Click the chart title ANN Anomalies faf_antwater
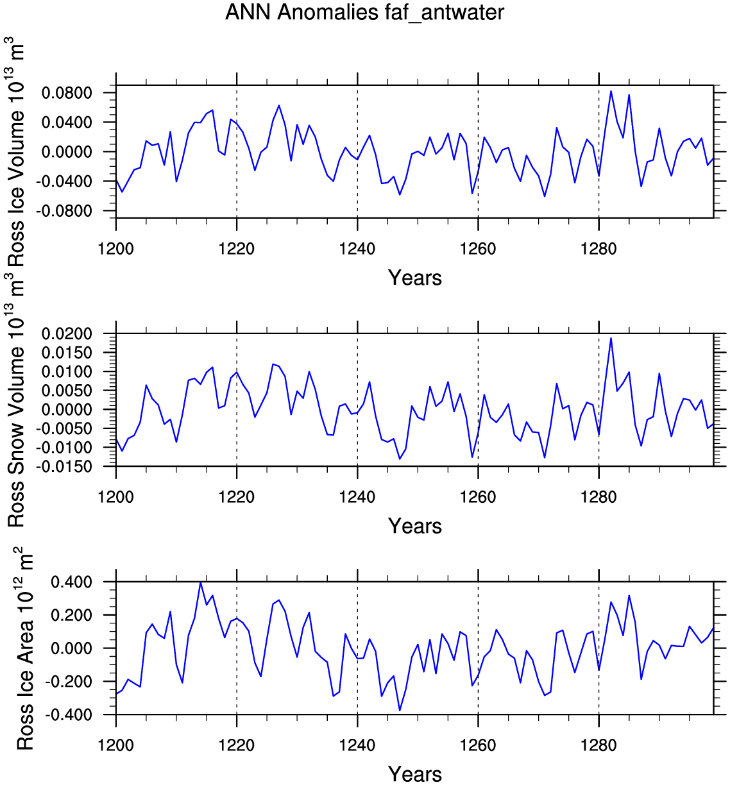[364, 12]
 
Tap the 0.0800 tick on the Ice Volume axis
[67, 94]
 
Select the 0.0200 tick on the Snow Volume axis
[67, 334]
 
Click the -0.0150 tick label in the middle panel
[64, 467]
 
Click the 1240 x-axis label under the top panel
[357, 248]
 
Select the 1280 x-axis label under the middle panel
[598, 496]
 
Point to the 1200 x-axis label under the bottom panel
[116, 745]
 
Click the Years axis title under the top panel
[415, 278]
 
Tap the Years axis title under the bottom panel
[415, 773]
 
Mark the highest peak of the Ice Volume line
[611, 91]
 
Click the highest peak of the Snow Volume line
[611, 338]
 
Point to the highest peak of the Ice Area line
[201, 582]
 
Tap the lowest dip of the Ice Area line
[400, 711]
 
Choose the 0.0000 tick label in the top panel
[67, 152]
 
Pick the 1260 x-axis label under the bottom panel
[478, 745]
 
